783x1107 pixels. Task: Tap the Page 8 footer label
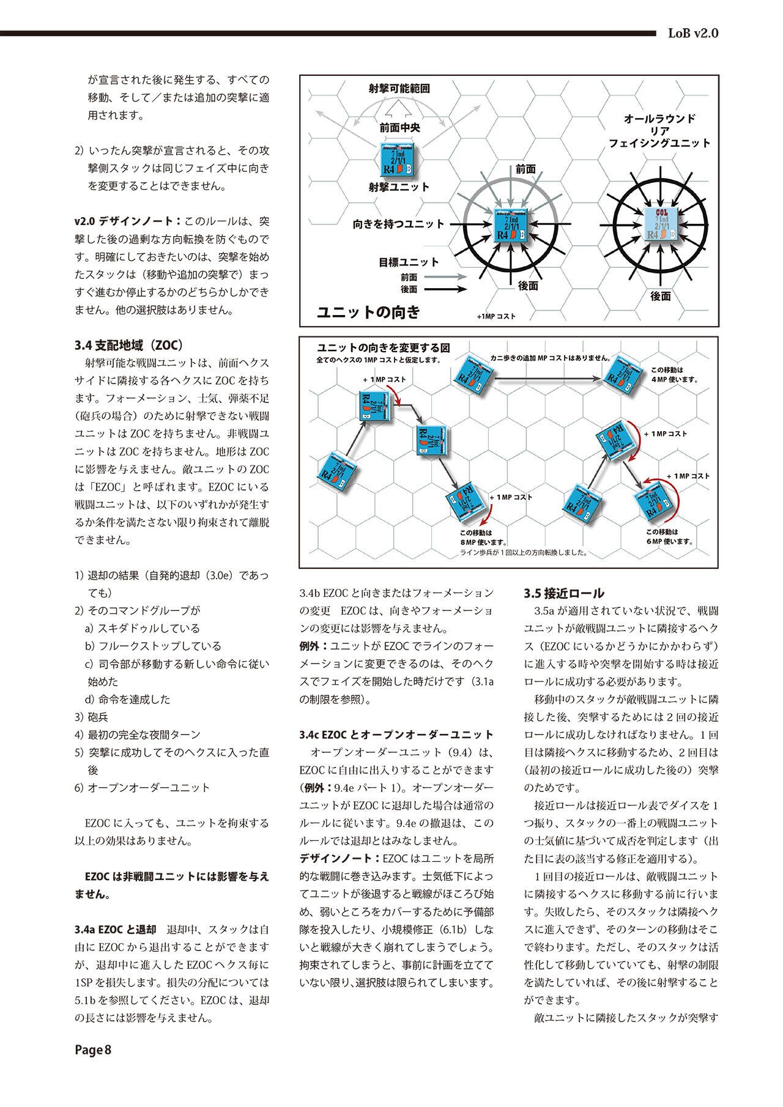[x=92, y=1068]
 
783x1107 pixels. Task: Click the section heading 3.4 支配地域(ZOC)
[x=129, y=344]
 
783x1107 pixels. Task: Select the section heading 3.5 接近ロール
[x=564, y=593]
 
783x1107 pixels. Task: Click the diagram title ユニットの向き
[x=368, y=313]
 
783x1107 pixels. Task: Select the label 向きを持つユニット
[x=398, y=224]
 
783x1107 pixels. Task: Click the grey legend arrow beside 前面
[x=445, y=277]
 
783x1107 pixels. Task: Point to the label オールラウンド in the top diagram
[x=659, y=118]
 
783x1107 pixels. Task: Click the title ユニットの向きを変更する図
[x=383, y=347]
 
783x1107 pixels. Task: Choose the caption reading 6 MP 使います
[x=669, y=541]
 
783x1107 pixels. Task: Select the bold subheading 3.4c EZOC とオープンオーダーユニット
[x=396, y=735]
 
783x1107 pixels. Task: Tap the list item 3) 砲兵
[x=91, y=717]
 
